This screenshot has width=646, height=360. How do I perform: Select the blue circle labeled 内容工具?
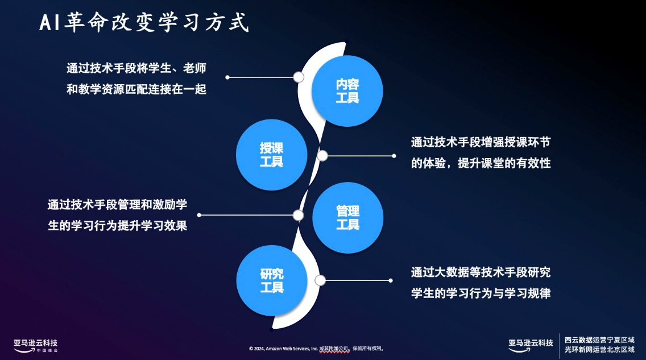coord(347,91)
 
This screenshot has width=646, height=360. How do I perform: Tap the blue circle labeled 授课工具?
coord(272,155)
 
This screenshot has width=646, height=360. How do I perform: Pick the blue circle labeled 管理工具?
coord(347,218)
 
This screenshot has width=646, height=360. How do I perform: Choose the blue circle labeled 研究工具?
coord(272,281)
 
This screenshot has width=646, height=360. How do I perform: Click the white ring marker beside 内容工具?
coord(299,77)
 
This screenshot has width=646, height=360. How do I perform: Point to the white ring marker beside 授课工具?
coord(322,155)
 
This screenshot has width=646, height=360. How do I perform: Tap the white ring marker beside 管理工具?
coord(298,215)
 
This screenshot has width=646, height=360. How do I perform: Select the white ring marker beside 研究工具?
coord(320,280)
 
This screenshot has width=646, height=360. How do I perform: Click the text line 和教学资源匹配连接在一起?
coord(136,89)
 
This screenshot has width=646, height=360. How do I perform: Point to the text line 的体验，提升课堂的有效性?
coord(481,163)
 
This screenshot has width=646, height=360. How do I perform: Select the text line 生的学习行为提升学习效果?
coord(117,226)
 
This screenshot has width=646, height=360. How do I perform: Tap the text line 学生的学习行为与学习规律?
coord(481,293)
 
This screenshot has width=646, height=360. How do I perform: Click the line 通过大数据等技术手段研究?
coord(481,272)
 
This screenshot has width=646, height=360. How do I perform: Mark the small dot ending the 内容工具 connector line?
coord(227,77)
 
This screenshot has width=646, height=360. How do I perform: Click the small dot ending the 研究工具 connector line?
coord(391,280)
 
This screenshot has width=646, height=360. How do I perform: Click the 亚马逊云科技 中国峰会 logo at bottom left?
coord(36,345)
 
